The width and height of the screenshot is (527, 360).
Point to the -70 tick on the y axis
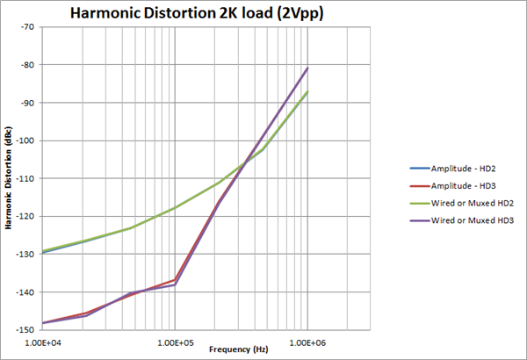29,27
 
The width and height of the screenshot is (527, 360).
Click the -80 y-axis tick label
29,65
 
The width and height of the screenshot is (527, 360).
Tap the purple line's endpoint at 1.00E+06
307,68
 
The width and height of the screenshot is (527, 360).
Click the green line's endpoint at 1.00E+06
307,91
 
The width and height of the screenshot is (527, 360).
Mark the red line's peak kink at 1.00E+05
175,279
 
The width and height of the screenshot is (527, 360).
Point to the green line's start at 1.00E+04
42,251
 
